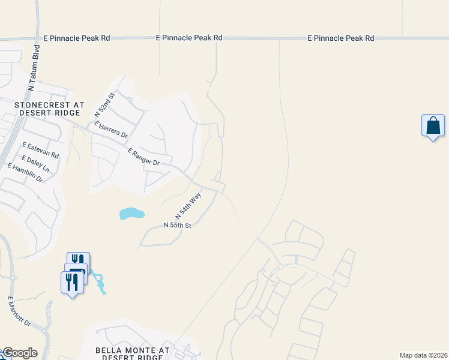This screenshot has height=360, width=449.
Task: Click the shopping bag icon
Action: click(x=433, y=126)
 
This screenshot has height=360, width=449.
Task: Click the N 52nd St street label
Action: click(x=104, y=104)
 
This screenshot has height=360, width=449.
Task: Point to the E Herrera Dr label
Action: click(x=111, y=130)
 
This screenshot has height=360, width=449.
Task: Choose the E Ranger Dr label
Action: click(x=143, y=158)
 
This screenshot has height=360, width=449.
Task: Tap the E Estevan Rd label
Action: click(x=40, y=150)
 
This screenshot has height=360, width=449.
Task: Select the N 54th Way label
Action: click(x=188, y=206)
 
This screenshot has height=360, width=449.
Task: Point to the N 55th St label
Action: click(x=177, y=226)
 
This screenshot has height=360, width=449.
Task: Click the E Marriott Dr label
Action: click(x=19, y=311)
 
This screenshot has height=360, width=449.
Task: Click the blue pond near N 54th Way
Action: click(x=132, y=213)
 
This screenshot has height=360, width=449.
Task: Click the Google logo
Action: click(x=19, y=353)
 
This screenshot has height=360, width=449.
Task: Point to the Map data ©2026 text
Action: click(x=423, y=355)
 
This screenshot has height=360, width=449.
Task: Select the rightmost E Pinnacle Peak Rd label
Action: click(x=340, y=38)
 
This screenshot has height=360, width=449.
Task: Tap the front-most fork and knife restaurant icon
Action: click(x=71, y=281)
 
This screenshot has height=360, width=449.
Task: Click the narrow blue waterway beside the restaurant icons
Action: click(x=99, y=283)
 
